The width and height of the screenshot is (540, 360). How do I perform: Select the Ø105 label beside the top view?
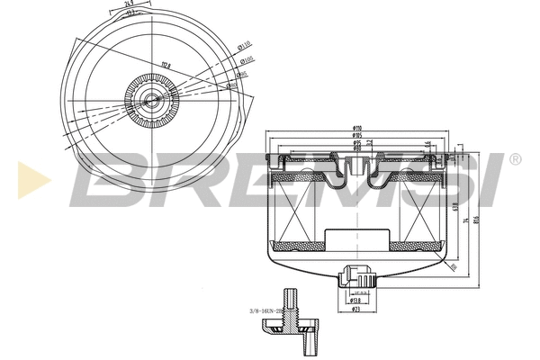click(246, 60)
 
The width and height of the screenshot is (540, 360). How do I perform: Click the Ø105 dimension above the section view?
click(357, 138)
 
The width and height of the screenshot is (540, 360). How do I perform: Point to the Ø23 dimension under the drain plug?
click(356, 310)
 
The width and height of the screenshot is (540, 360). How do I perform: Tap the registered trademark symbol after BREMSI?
click(515, 159)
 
